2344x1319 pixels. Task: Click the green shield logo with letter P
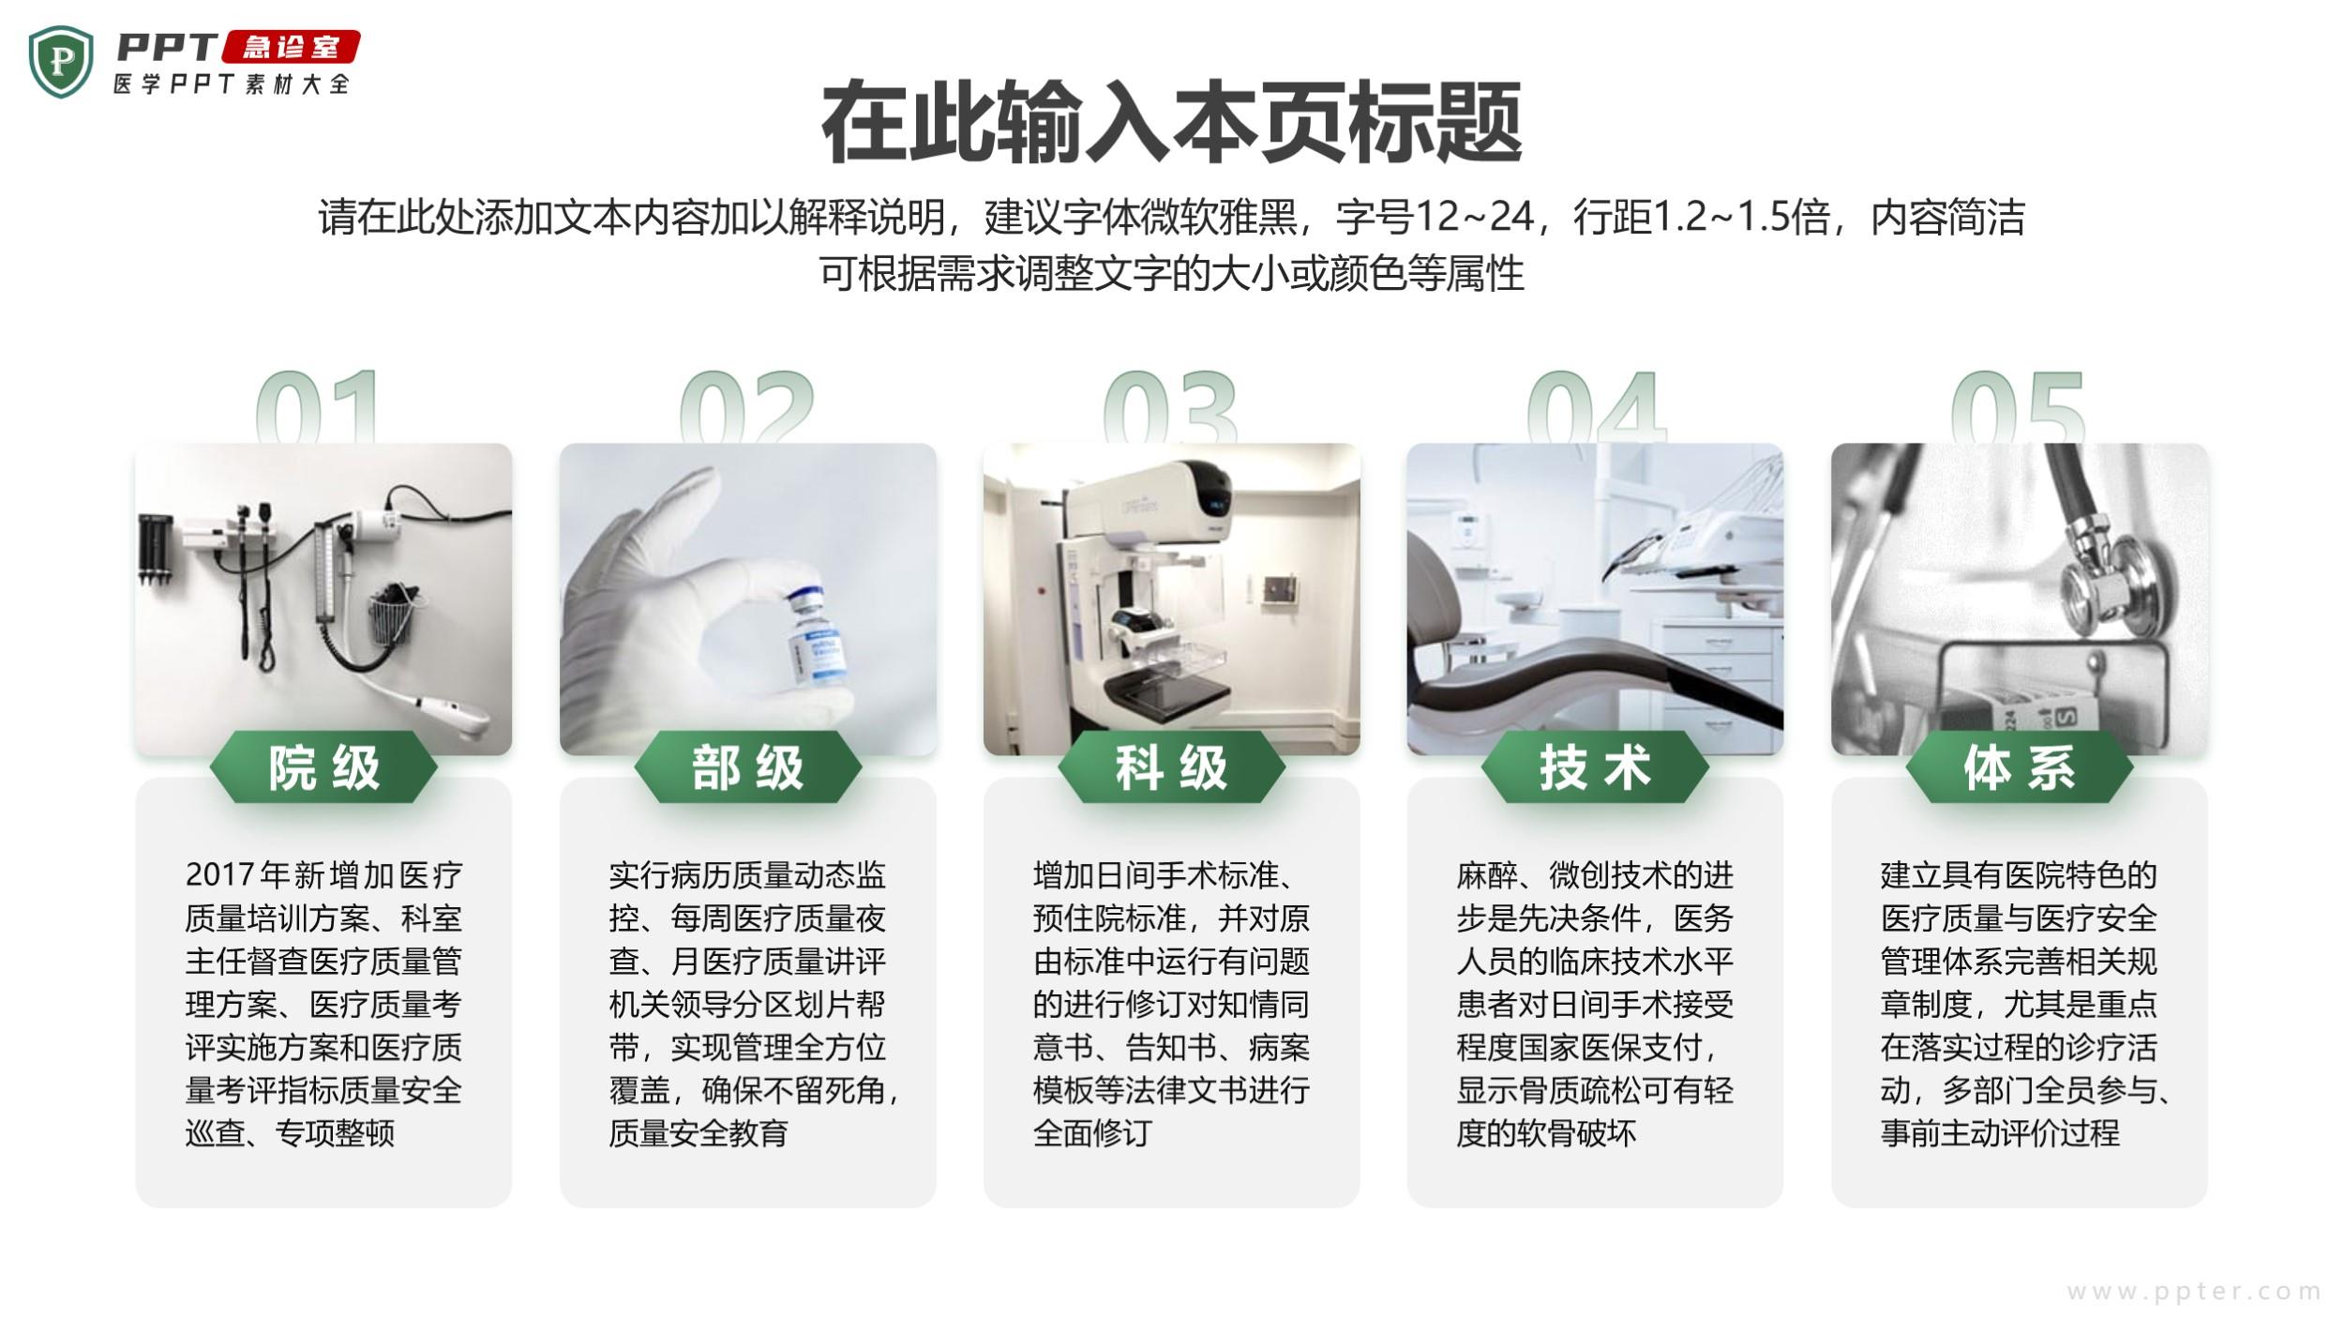61,62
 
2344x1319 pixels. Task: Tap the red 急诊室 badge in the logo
291,47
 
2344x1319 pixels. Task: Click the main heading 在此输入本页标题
1171,123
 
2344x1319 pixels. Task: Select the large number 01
318,405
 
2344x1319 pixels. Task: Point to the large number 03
1170,405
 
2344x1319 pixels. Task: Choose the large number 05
2018,405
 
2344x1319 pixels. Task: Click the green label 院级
323,767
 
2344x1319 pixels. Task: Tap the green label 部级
747,767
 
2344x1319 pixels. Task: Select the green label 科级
1171,767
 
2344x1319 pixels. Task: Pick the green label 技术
1595,767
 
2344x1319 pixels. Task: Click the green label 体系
2020,767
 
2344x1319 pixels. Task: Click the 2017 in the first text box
220,875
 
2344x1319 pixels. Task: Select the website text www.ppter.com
2193,1292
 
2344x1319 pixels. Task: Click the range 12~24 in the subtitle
1473,217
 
